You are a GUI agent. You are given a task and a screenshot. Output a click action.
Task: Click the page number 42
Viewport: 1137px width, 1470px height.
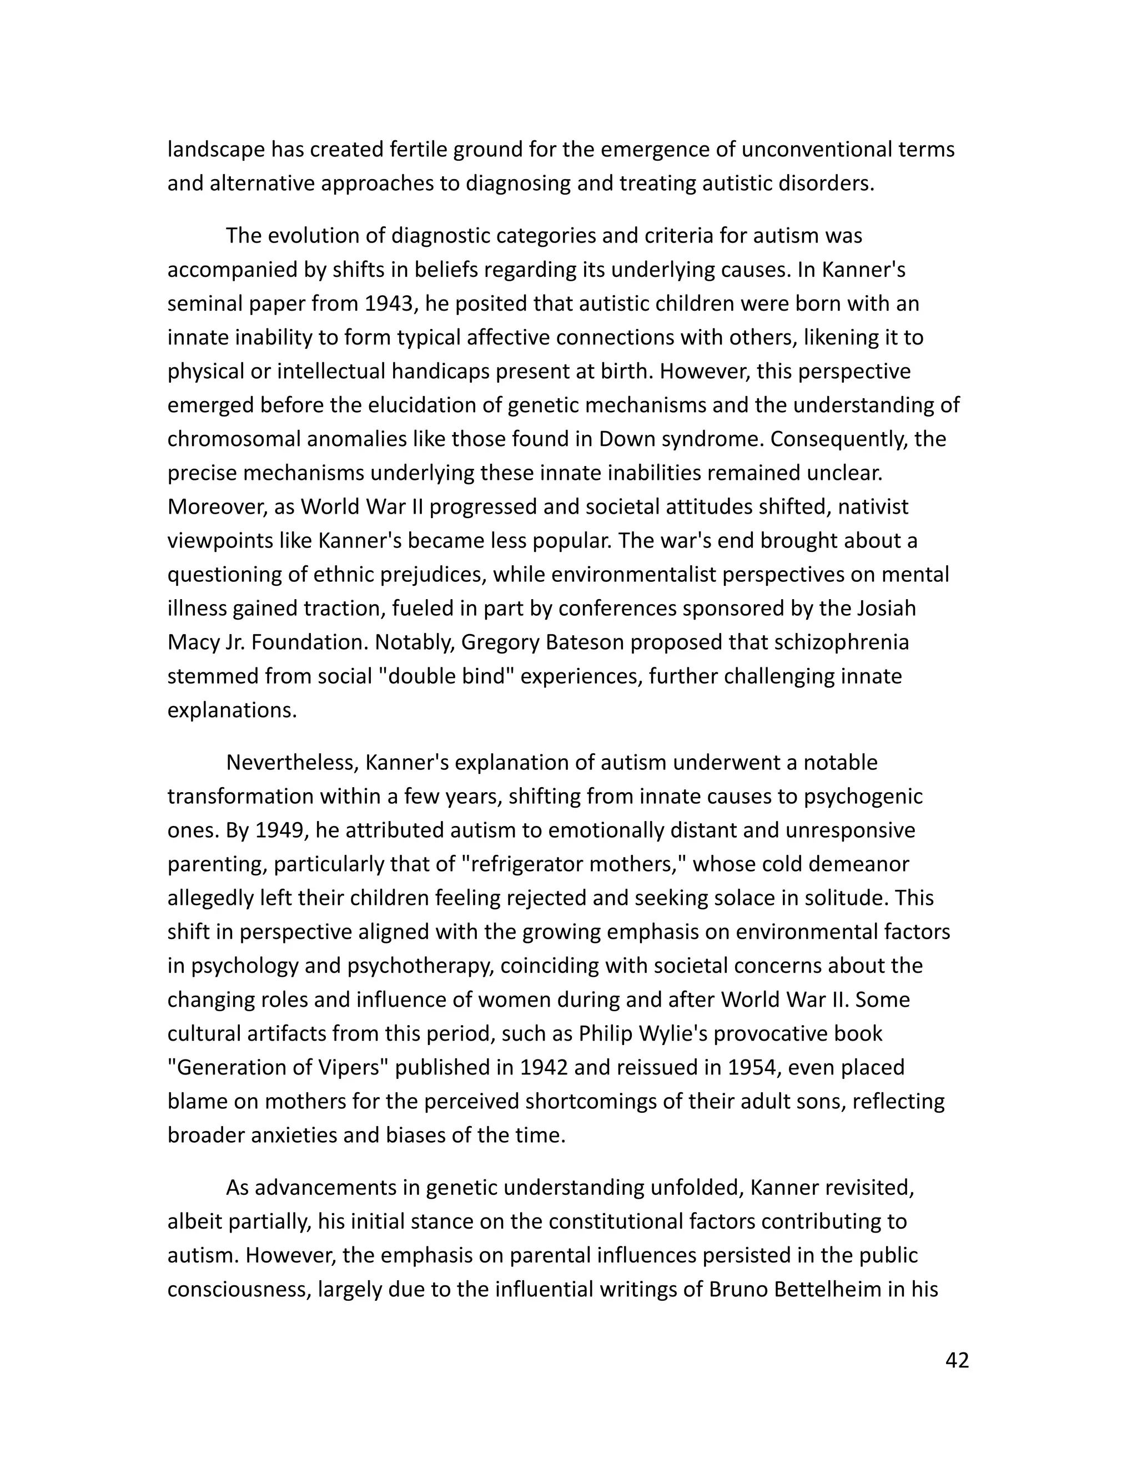(x=957, y=1360)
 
